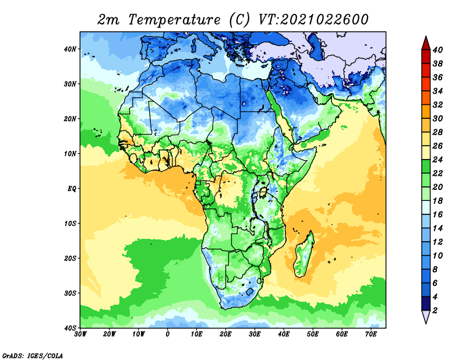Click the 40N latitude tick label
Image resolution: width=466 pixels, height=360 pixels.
[x=70, y=49]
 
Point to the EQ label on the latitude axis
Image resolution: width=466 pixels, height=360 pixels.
[x=72, y=189]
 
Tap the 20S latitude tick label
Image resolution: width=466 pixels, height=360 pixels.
[x=70, y=258]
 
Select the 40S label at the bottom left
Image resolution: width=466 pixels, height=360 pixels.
[x=70, y=328]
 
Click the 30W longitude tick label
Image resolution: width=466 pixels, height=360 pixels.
[x=80, y=334]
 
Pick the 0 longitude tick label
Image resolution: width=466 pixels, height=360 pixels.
[x=168, y=334]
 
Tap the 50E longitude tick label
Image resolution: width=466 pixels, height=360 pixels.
[x=313, y=334]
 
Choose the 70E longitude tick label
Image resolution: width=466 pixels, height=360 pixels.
[x=371, y=334]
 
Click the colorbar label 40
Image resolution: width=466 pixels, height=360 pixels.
[x=437, y=50]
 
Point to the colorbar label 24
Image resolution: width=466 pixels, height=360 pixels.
[x=437, y=160]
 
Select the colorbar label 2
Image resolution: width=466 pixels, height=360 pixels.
[x=435, y=310]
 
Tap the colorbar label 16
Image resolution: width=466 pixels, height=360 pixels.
[x=437, y=214]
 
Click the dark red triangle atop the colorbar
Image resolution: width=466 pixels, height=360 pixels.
[x=426, y=44]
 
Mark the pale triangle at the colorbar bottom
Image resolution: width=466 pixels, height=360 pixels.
[x=426, y=316]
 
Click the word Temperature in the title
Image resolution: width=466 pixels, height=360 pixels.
[x=174, y=20]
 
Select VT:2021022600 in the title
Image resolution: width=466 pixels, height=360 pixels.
[x=313, y=20]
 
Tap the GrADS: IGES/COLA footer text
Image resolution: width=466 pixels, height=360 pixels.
[x=33, y=355]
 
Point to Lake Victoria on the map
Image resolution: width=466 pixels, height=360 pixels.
[x=263, y=192]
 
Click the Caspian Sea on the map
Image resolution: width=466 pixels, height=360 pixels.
[x=315, y=46]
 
